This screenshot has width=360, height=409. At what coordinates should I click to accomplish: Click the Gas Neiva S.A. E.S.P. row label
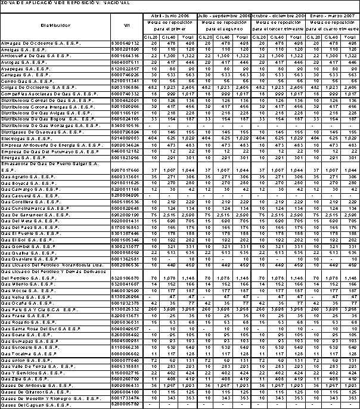click(x=26, y=296)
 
